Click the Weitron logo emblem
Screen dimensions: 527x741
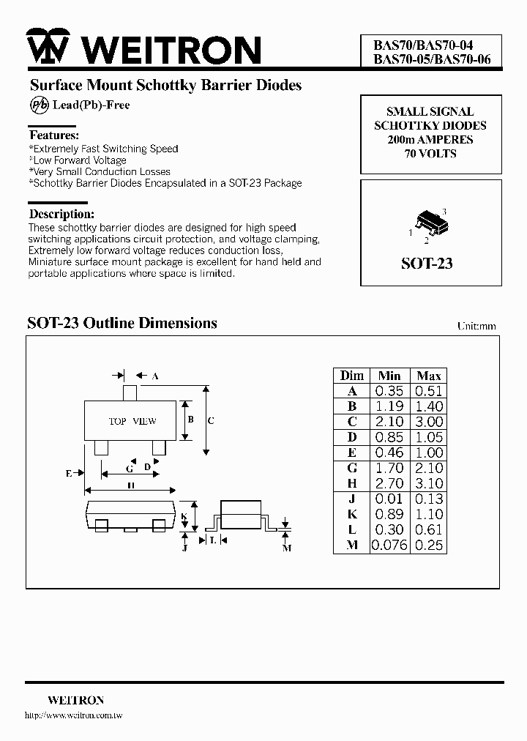pyautogui.click(x=48, y=47)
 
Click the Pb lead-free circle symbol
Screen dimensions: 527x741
pyautogui.click(x=39, y=105)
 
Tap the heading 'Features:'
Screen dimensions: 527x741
pyautogui.click(x=53, y=135)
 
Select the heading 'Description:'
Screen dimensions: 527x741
pyautogui.click(x=61, y=215)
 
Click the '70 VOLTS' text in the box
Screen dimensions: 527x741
pyautogui.click(x=430, y=154)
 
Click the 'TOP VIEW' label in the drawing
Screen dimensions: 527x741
pyautogui.click(x=132, y=421)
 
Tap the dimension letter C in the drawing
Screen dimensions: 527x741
pyautogui.click(x=211, y=420)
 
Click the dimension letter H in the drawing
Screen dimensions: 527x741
pyautogui.click(x=130, y=485)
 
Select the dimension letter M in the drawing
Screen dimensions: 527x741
pyautogui.click(x=286, y=548)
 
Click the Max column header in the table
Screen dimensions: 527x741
pyautogui.click(x=428, y=376)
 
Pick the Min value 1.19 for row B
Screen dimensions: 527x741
pyautogui.click(x=389, y=406)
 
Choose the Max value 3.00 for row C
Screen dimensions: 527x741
pyautogui.click(x=428, y=422)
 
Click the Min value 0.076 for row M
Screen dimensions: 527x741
pyautogui.click(x=389, y=545)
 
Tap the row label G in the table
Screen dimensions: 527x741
pyautogui.click(x=351, y=468)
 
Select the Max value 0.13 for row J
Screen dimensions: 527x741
pyautogui.click(x=428, y=499)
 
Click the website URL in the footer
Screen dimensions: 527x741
pyautogui.click(x=73, y=715)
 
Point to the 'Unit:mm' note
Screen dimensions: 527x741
pyautogui.click(x=476, y=326)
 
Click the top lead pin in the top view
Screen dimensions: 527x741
pyautogui.click(x=130, y=392)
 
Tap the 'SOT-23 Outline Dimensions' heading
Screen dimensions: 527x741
pyautogui.click(x=122, y=323)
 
